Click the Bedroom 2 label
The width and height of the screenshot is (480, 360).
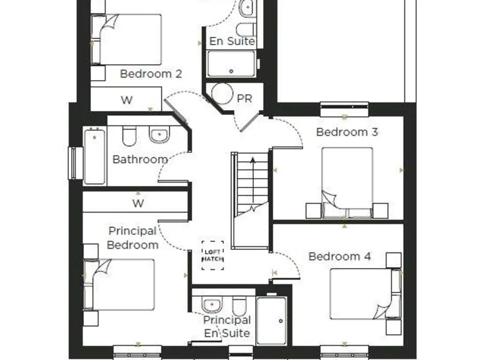(x=151, y=74)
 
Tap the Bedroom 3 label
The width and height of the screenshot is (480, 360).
(x=347, y=132)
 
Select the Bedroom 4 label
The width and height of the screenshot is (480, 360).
(x=339, y=256)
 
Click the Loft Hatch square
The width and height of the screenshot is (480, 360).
(x=212, y=255)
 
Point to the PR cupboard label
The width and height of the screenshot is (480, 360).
(x=244, y=99)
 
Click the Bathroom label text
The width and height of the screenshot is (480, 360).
(x=140, y=159)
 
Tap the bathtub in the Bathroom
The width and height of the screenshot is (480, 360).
(x=94, y=156)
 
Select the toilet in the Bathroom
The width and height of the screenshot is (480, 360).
(x=129, y=136)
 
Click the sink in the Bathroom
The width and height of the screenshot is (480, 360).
(x=159, y=134)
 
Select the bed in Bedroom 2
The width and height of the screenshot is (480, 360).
(x=129, y=39)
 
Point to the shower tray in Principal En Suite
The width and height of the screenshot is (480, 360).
(x=272, y=321)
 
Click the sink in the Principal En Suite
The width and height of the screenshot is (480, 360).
(x=211, y=305)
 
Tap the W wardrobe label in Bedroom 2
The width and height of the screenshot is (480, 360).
(x=126, y=100)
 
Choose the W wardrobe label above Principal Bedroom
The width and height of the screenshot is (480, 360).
(x=137, y=203)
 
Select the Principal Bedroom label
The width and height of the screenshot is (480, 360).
(x=132, y=238)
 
